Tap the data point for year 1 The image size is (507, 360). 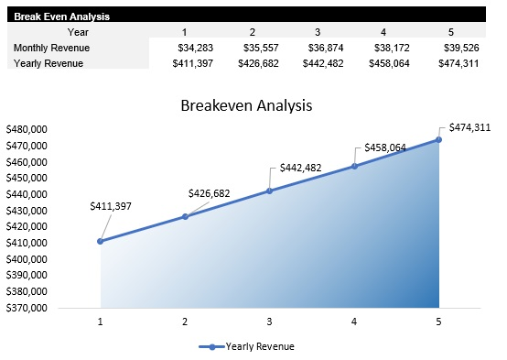pos(100,241)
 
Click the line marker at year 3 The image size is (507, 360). pos(269,191)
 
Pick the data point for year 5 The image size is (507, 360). pos(438,139)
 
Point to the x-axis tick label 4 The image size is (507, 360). pos(354,322)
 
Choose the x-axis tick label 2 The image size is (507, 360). pos(185,322)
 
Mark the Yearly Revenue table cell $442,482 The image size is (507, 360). pos(328,63)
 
